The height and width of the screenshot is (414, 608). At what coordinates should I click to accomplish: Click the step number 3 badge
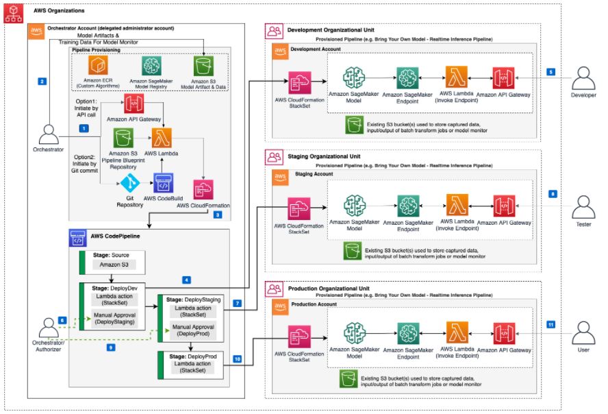[x=218, y=215]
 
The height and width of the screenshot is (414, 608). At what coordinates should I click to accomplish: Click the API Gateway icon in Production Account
[x=503, y=334]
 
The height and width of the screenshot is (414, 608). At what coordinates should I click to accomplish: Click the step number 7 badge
[x=237, y=302]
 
